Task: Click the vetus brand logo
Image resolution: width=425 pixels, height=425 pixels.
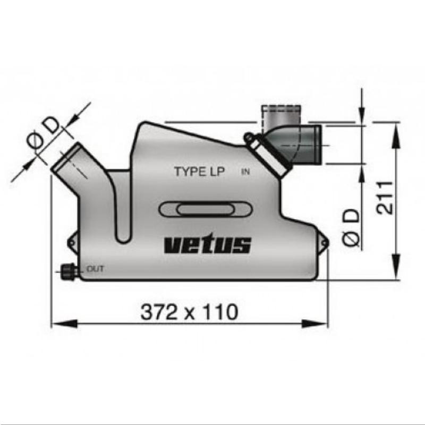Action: pos(208,245)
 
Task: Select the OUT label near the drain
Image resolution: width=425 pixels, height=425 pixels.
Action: pos(95,269)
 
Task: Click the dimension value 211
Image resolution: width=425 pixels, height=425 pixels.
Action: pos(385,197)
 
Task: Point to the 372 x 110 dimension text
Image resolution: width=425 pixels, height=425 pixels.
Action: pos(189,312)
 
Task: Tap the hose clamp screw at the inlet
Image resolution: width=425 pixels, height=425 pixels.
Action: pos(248,138)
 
